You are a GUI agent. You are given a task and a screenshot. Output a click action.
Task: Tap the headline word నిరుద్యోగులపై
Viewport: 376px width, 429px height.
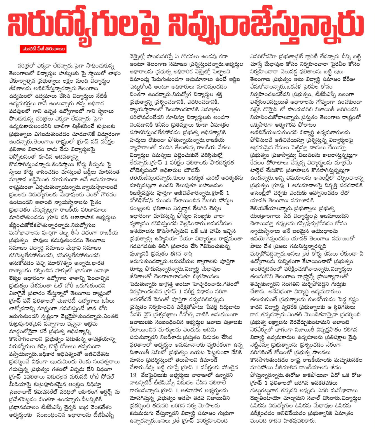[x=84, y=26]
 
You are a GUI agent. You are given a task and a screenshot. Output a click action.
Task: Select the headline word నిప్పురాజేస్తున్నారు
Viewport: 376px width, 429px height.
[x=267, y=26]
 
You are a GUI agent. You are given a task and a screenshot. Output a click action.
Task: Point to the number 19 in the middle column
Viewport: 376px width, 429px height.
[x=133, y=375]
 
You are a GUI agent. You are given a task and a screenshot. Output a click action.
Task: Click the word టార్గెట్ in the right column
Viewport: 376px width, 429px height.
[x=260, y=170]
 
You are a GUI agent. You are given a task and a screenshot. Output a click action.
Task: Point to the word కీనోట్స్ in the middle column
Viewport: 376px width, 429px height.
[x=191, y=314]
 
